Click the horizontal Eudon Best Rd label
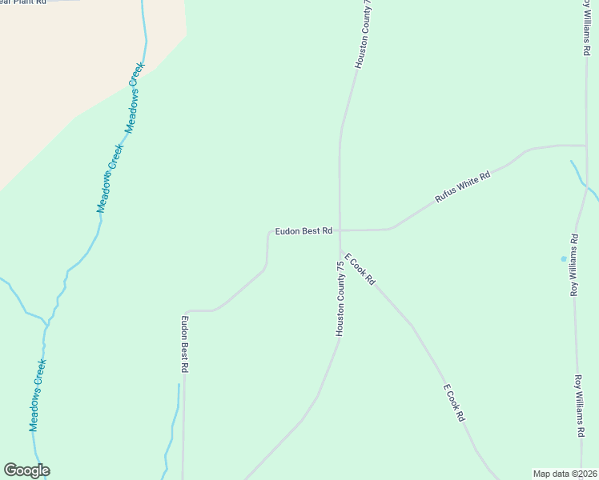(304, 231)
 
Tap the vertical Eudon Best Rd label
(184, 344)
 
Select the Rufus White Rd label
(462, 186)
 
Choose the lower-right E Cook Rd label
(454, 402)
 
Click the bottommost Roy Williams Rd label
(578, 406)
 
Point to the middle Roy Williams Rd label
(574, 265)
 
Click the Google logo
(26, 470)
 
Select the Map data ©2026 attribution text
(565, 473)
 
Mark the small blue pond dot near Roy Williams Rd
(564, 258)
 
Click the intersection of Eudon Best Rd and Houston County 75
(340, 230)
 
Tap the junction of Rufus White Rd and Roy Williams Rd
(585, 146)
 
